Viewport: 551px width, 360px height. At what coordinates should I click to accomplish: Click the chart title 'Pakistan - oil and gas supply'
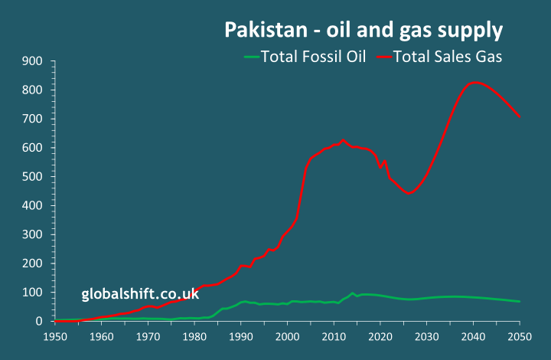[x=363, y=31]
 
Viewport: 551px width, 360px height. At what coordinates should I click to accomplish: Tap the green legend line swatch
[x=251, y=56]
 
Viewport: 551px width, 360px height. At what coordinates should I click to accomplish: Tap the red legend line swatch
[x=383, y=56]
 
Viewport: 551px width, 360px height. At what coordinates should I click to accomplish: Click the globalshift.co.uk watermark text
[x=140, y=294]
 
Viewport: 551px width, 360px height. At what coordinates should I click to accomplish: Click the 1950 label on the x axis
[x=55, y=336]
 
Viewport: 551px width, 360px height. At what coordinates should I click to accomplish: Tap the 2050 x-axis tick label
[x=520, y=336]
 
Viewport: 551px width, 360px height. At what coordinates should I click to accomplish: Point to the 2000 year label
[x=288, y=336]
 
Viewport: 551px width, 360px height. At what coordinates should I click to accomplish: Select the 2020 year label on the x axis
[x=380, y=336]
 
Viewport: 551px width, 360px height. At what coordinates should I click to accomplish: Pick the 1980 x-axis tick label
[x=194, y=336]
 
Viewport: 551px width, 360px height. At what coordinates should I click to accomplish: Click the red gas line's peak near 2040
[x=474, y=82]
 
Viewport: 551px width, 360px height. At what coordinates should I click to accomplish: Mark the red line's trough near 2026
[x=409, y=194]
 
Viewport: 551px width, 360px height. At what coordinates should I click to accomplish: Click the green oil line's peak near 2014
[x=352, y=293]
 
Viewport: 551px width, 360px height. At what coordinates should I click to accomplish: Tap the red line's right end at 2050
[x=520, y=116]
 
